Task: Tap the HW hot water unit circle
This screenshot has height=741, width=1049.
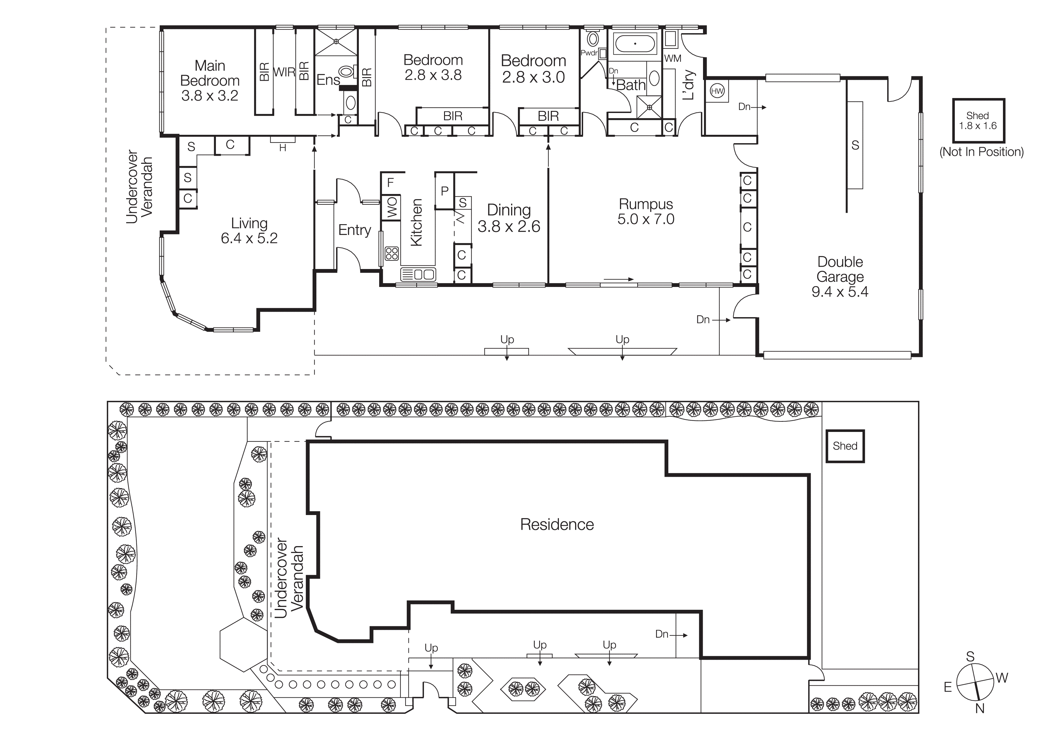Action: tap(717, 91)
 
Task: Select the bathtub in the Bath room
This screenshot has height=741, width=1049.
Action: tap(635, 44)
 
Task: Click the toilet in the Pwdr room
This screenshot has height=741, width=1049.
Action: tap(593, 39)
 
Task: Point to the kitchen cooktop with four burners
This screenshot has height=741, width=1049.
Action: tap(391, 253)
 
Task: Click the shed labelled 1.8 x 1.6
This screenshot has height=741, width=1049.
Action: tap(978, 120)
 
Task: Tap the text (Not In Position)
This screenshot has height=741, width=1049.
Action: tap(981, 152)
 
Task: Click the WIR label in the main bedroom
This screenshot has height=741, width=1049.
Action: tap(284, 72)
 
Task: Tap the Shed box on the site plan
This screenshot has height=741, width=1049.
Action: tap(845, 446)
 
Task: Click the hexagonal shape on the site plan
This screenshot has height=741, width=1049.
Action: tap(243, 644)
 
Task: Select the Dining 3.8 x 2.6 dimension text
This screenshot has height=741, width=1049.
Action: tap(509, 227)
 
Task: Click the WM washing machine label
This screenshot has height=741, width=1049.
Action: tap(673, 59)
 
